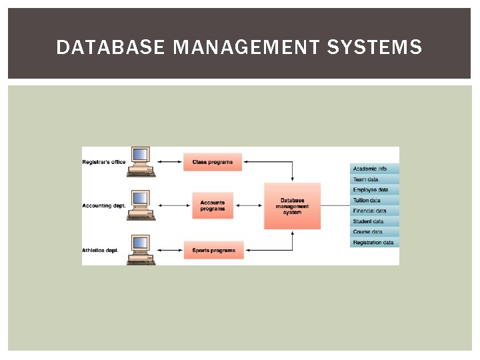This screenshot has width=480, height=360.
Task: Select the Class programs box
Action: [213, 162]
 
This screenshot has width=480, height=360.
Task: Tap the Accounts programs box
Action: [213, 206]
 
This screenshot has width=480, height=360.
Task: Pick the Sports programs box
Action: [213, 251]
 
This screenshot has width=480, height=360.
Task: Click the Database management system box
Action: [292, 206]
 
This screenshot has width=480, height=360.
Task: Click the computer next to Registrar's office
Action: [141, 161]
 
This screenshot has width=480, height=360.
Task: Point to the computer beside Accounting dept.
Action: [141, 205]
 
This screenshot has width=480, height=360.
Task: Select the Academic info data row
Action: [374, 169]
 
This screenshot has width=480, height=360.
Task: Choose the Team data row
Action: [374, 179]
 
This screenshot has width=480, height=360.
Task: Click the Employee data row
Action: [374, 190]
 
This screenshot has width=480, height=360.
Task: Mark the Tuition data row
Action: [374, 200]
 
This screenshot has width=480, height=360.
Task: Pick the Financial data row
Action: [374, 211]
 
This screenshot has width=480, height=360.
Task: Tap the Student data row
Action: [374, 221]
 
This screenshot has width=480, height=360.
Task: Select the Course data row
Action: [374, 232]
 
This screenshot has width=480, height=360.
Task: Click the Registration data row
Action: [374, 243]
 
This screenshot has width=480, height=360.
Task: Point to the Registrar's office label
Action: [104, 162]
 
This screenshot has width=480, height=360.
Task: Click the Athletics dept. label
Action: [101, 251]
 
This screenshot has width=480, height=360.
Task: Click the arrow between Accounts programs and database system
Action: [254, 206]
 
